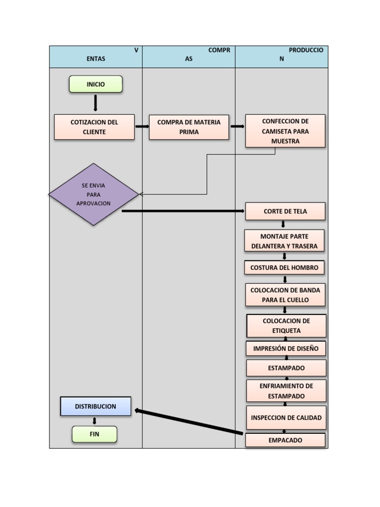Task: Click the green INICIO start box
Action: pyautogui.click(x=95, y=84)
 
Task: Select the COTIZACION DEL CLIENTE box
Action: pyautogui.click(x=95, y=127)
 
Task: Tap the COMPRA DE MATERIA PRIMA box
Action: pyautogui.click(x=189, y=127)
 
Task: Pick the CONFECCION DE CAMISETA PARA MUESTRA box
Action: pyautogui.click(x=285, y=131)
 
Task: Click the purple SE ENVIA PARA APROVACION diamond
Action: pyautogui.click(x=94, y=194)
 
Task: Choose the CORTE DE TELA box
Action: pyautogui.click(x=285, y=211)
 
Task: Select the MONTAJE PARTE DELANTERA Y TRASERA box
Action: pyautogui.click(x=285, y=241)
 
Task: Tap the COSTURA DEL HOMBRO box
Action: pyautogui.click(x=285, y=268)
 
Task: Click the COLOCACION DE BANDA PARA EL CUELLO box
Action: pyautogui.click(x=285, y=295)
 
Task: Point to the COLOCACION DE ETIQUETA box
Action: pyautogui.click(x=286, y=326)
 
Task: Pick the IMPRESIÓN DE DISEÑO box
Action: pyautogui.click(x=286, y=349)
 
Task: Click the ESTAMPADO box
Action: pyautogui.click(x=286, y=368)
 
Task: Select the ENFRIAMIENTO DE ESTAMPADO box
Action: pyautogui.click(x=286, y=391)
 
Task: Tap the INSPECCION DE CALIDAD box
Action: pyautogui.click(x=286, y=418)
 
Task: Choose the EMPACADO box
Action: pyautogui.click(x=285, y=440)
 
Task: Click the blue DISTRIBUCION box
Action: pyautogui.click(x=95, y=406)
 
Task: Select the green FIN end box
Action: pyautogui.click(x=95, y=434)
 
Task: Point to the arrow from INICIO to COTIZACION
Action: pyautogui.click(x=95, y=103)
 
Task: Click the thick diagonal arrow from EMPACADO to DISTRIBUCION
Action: pyautogui.click(x=189, y=422)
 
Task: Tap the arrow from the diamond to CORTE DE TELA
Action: pyautogui.click(x=183, y=211)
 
